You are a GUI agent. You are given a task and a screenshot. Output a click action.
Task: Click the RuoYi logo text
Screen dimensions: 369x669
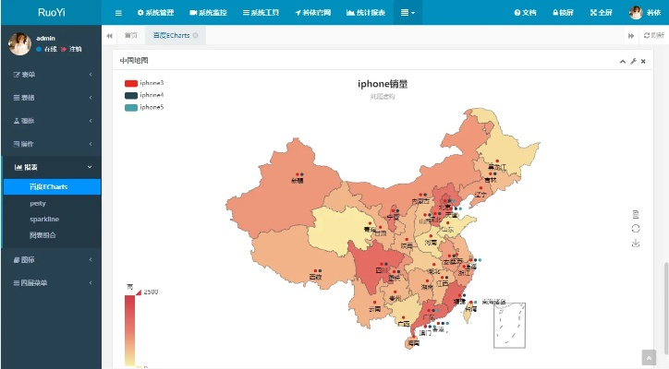tap(51, 12)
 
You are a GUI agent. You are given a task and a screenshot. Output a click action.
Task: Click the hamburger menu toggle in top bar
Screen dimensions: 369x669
tap(118, 13)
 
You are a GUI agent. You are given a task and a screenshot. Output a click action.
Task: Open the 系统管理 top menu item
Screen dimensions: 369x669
tap(155, 13)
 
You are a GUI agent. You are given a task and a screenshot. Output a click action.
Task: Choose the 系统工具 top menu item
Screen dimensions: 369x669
tap(263, 13)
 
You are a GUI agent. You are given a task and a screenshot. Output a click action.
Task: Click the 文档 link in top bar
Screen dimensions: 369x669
tap(525, 13)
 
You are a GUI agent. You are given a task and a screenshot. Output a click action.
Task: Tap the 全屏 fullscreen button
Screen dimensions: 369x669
tap(600, 13)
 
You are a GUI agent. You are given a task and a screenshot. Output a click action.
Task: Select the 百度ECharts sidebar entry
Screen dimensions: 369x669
tap(48, 186)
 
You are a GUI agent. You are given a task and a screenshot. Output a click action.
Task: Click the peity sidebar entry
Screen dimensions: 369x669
tap(38, 202)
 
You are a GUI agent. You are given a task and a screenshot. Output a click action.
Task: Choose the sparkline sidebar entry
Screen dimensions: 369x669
tap(43, 219)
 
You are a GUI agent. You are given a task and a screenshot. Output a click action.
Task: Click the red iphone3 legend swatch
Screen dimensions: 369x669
tap(130, 83)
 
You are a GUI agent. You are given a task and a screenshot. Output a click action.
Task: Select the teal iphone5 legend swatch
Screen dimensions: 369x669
tap(130, 107)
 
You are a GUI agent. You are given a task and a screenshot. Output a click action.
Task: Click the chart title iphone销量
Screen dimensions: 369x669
tap(382, 84)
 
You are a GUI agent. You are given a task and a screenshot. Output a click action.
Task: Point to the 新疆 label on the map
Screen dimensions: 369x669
tap(297, 180)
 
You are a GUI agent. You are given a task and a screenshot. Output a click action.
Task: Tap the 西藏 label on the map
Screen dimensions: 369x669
tap(315, 277)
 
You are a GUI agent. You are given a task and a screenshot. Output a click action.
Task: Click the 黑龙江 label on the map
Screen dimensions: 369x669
tap(496, 167)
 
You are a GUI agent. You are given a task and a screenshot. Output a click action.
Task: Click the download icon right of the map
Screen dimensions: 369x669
tap(636, 244)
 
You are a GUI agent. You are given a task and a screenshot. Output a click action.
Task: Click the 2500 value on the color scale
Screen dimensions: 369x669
tap(151, 292)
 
